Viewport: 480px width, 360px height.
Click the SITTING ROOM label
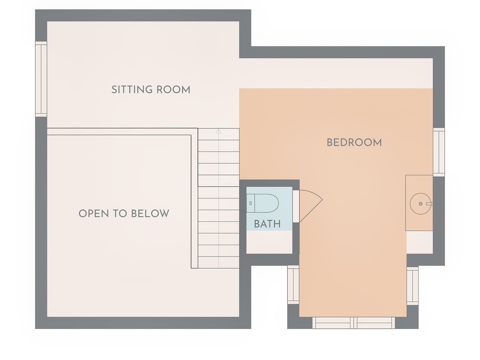[x=151, y=90]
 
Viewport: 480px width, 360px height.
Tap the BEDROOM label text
[x=354, y=142]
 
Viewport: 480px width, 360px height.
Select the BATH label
[x=267, y=224]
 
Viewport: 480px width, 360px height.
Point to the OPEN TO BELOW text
[x=124, y=213]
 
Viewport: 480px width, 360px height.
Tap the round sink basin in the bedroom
[x=420, y=204]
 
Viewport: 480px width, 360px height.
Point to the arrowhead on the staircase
[x=219, y=131]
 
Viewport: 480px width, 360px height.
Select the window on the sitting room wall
[x=41, y=79]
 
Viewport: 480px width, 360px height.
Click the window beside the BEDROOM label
[x=439, y=152]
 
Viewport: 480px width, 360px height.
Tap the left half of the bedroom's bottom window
[x=333, y=323]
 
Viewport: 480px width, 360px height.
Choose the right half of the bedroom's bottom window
[x=374, y=323]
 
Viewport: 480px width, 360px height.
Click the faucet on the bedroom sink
[x=429, y=204]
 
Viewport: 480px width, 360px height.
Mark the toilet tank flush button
[x=250, y=203]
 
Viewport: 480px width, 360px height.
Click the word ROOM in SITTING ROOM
[x=173, y=90]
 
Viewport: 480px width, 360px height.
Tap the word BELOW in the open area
[x=150, y=213]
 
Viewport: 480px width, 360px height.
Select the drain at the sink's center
[x=420, y=204]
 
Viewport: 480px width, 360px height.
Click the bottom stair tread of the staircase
[x=219, y=262]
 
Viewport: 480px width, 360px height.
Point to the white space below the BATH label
[x=269, y=242]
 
